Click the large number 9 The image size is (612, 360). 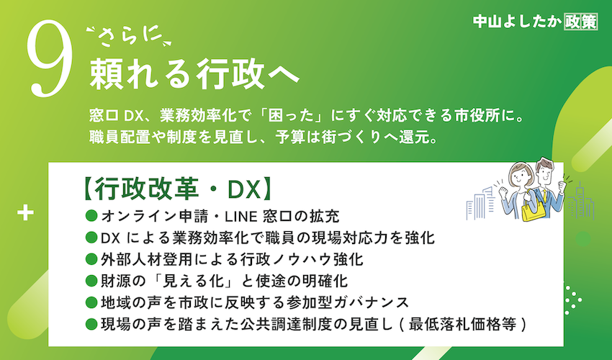[x=50, y=58]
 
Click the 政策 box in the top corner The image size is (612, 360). [x=580, y=22]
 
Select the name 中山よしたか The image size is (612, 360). [x=517, y=22]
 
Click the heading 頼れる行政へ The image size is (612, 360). [x=194, y=73]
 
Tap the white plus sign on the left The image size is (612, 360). [x=25, y=213]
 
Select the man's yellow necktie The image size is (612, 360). [x=544, y=196]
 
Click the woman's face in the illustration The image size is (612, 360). [x=521, y=177]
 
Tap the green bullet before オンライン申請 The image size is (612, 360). [x=91, y=215]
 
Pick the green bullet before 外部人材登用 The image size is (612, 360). [x=91, y=259]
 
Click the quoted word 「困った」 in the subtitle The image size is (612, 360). [x=289, y=116]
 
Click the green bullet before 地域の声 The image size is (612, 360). [x=91, y=302]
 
